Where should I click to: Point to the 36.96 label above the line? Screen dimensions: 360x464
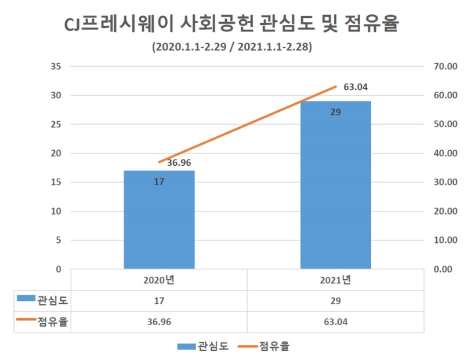(179, 162)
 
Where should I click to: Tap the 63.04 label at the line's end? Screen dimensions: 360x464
(356, 88)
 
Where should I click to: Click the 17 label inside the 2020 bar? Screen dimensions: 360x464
(159, 181)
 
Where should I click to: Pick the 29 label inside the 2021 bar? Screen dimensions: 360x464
(335, 112)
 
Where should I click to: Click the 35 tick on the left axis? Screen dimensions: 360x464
(56, 67)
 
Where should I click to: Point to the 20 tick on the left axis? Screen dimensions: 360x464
(56, 154)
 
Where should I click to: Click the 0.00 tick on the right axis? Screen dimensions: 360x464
(445, 270)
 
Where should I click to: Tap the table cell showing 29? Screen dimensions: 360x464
(335, 301)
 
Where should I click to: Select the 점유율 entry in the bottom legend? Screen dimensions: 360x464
(263, 347)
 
